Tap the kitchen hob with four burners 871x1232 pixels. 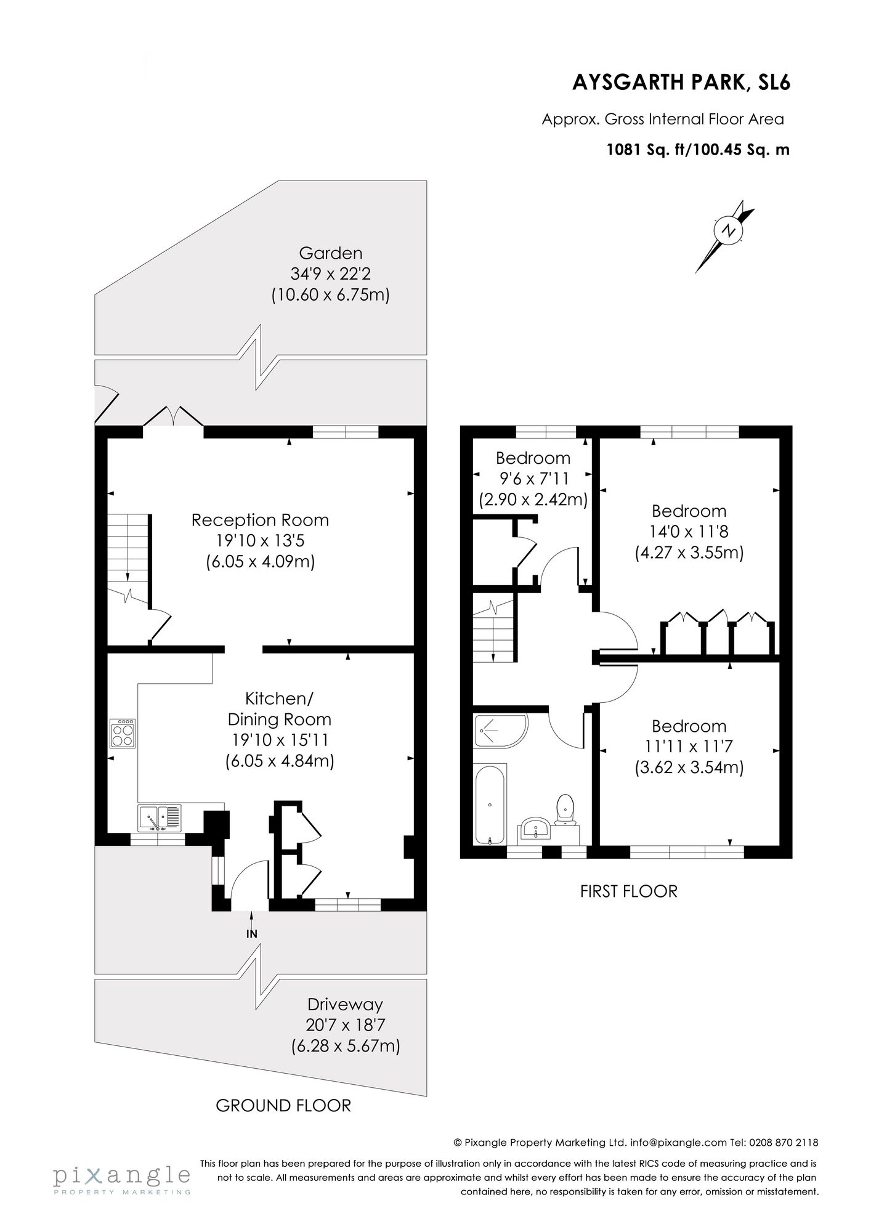click(x=123, y=733)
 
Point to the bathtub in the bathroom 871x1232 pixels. click(x=490, y=804)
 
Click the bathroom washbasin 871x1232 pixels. click(x=536, y=829)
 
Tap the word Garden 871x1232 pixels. click(x=331, y=253)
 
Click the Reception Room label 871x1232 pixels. click(x=260, y=520)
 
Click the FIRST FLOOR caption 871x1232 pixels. click(x=628, y=891)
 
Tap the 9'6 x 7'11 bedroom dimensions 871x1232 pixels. click(x=533, y=479)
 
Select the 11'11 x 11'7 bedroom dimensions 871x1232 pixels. click(x=689, y=747)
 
